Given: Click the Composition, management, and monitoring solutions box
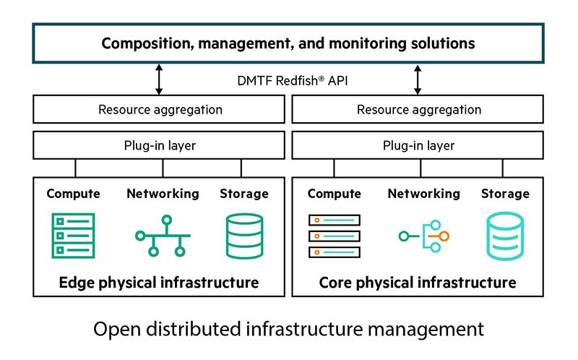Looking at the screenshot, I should click(x=288, y=43).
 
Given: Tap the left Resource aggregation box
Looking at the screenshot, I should click(x=160, y=110).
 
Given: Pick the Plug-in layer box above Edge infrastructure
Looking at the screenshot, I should click(x=160, y=145).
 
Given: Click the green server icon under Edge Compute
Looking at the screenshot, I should click(x=73, y=236).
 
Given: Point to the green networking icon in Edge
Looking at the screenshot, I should click(x=163, y=236).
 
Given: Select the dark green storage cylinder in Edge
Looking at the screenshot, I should click(x=243, y=236).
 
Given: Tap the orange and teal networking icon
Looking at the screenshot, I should click(x=424, y=236).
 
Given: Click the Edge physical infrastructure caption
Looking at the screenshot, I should click(x=158, y=282).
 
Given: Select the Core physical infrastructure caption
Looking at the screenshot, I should click(x=418, y=282).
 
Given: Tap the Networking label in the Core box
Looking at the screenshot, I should click(x=423, y=194).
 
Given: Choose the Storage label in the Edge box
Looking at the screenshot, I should click(x=243, y=194).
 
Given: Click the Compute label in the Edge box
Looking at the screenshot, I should click(x=73, y=194).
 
